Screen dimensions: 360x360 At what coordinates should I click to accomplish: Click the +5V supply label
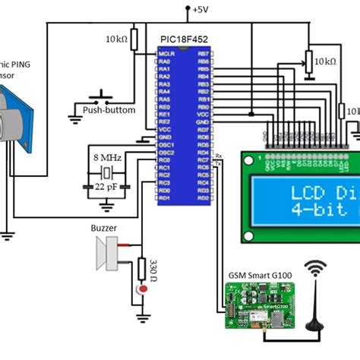point(200,9)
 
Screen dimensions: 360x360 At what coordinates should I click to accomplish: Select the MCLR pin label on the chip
point(167,54)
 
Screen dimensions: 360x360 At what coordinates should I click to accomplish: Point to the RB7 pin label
point(202,54)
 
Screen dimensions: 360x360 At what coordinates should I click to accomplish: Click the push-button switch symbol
point(98,96)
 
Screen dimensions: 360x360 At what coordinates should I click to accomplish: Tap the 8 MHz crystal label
point(106,156)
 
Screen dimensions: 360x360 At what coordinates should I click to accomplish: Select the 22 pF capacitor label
point(106,185)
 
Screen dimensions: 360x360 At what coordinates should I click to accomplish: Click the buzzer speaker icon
point(107,252)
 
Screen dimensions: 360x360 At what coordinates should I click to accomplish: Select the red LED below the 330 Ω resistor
point(141,290)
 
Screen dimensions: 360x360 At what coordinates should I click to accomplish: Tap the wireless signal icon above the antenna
point(315,269)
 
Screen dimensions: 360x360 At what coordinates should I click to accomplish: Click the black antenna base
point(315,327)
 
